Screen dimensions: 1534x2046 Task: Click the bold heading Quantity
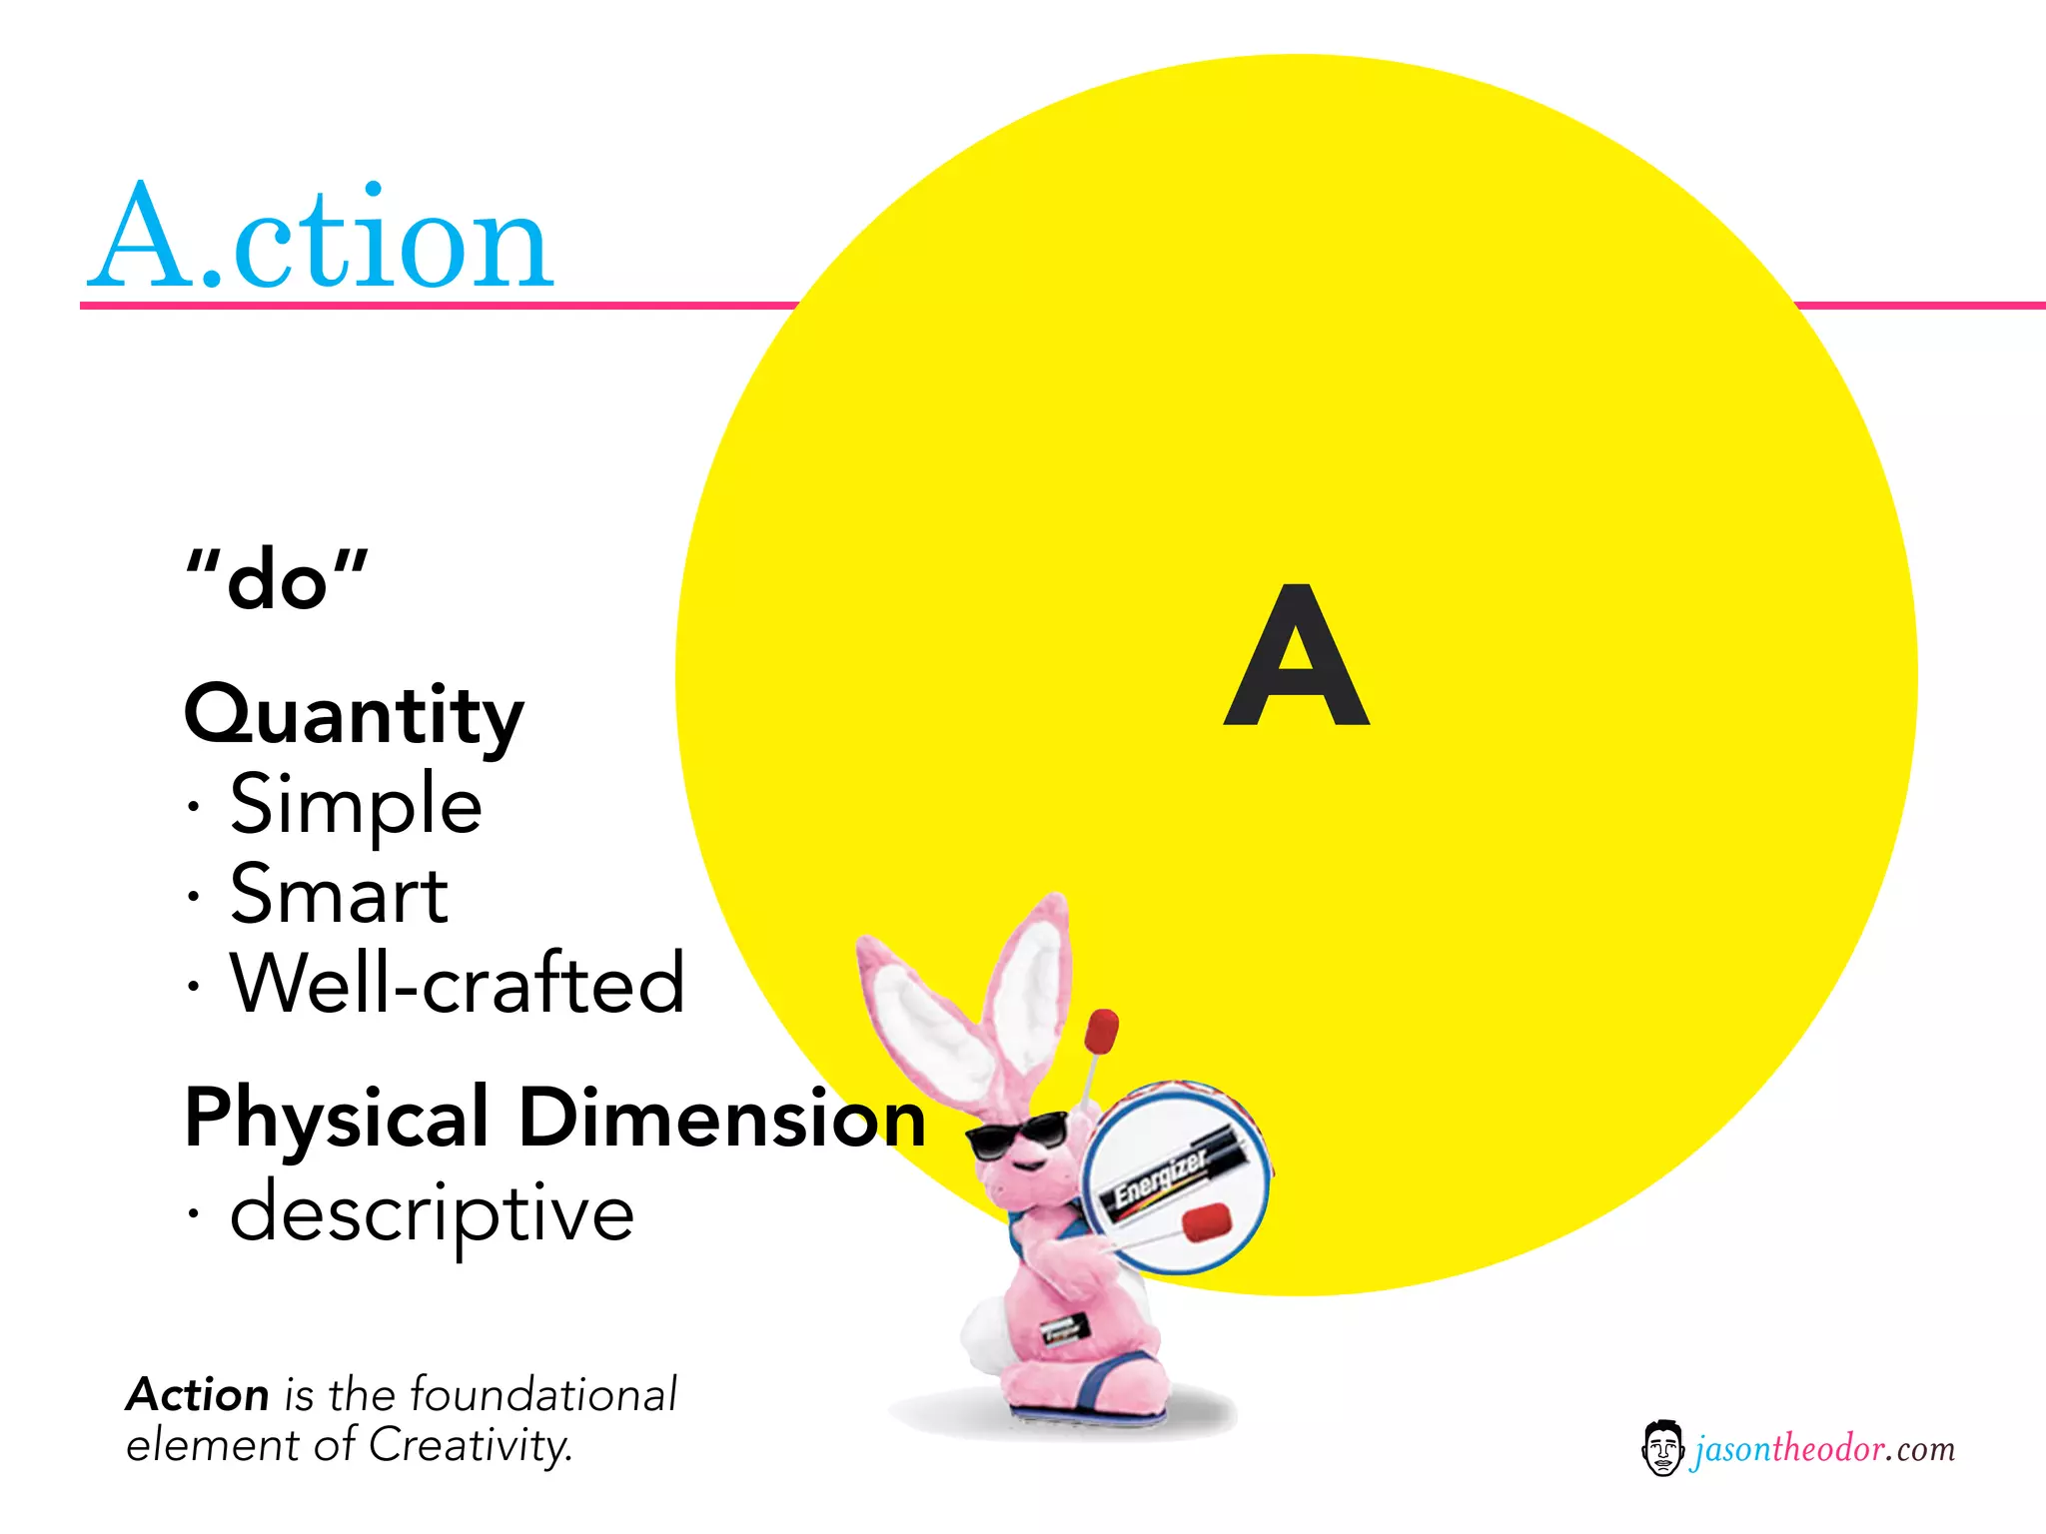[x=354, y=716]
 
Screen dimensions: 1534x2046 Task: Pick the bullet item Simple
[x=356, y=805]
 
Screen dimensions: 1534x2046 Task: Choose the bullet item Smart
[x=339, y=895]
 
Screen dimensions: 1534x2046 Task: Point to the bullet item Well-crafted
[x=457, y=984]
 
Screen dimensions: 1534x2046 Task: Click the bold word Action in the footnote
[x=198, y=1395]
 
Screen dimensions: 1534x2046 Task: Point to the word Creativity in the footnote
[x=470, y=1445]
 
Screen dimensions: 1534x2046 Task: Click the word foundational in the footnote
[x=543, y=1395]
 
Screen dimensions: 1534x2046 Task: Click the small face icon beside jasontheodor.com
[x=1661, y=1448]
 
